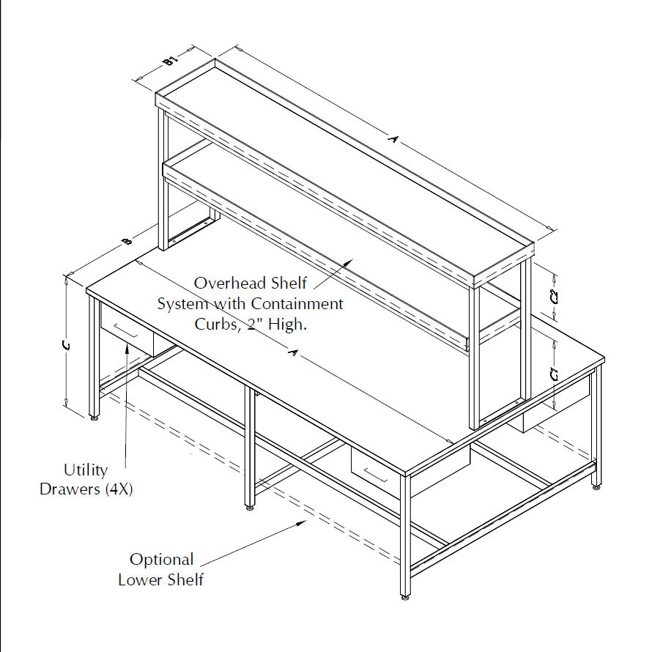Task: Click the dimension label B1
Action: click(171, 61)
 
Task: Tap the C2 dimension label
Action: click(555, 297)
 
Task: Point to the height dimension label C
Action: click(67, 347)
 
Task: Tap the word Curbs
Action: click(215, 323)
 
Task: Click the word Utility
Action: click(86, 470)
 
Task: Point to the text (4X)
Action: click(116, 489)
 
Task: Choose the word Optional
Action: click(162, 560)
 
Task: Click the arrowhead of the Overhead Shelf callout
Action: click(353, 259)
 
